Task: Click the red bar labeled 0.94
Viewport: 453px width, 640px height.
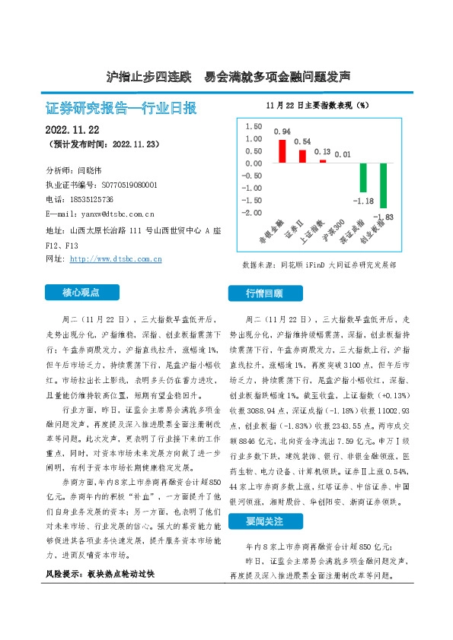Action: (x=282, y=151)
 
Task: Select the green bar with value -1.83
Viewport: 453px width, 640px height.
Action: (x=383, y=185)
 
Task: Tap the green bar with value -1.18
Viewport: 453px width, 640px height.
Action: (x=363, y=178)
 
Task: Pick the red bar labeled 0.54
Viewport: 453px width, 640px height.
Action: (x=302, y=156)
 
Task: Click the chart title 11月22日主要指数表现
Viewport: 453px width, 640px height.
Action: (x=317, y=105)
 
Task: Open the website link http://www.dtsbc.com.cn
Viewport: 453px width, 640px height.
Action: (x=115, y=259)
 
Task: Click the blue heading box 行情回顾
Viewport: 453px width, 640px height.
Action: (x=264, y=293)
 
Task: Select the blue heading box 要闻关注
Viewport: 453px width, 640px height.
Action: (x=264, y=523)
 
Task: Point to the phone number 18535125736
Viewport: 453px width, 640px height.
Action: (x=96, y=198)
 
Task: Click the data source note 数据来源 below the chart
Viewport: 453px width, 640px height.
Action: (x=318, y=265)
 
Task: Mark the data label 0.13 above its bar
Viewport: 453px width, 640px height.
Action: (x=322, y=152)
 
